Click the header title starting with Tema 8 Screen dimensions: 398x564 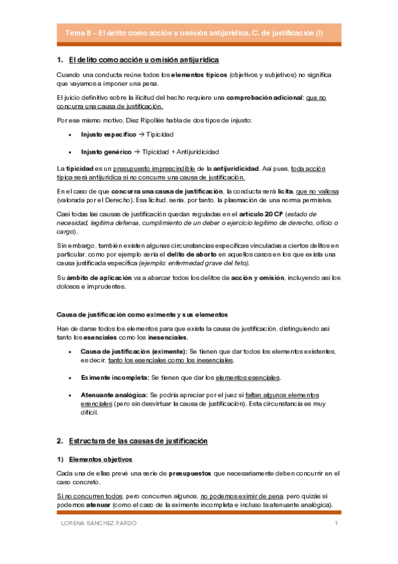194,33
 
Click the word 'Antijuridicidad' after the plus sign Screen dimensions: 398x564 196,152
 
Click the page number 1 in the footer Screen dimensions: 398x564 337,525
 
